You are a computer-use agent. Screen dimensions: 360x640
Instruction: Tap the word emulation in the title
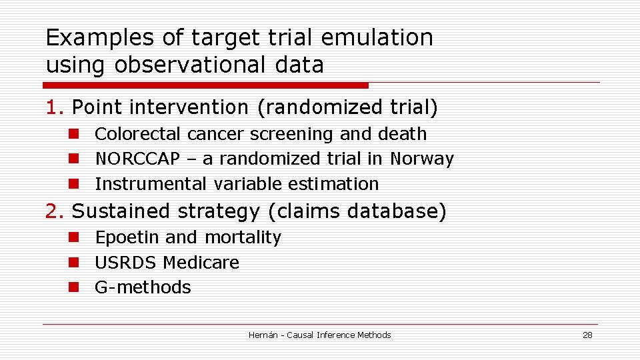(377, 38)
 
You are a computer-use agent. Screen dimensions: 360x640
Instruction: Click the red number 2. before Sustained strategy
(55, 211)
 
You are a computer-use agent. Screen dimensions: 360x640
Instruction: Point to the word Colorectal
(138, 134)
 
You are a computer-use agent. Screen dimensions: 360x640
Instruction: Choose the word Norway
(421, 159)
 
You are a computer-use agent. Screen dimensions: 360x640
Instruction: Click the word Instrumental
(151, 184)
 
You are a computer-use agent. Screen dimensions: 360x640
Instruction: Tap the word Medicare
(201, 263)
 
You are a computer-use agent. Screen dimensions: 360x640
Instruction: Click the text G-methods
(143, 287)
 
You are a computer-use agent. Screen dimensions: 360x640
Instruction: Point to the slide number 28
(587, 335)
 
